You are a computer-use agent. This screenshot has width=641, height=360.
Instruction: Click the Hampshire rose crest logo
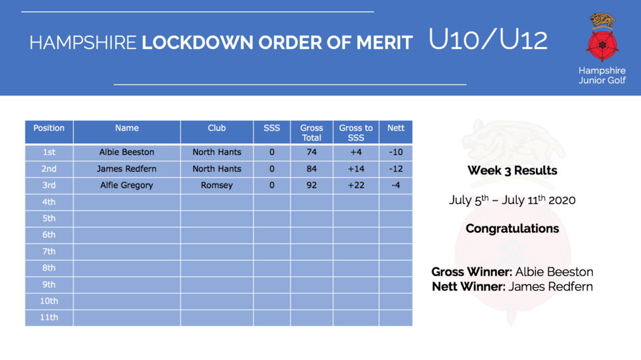[602, 37]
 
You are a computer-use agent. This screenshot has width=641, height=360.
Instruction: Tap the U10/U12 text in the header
[488, 40]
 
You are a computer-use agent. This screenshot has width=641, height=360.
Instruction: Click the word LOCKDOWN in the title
[198, 42]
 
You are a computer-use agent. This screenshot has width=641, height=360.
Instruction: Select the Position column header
[49, 128]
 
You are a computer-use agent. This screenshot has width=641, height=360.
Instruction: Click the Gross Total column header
[312, 133]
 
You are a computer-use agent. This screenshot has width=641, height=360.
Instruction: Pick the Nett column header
[396, 128]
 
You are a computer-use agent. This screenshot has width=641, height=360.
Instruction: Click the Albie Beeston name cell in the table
[127, 152]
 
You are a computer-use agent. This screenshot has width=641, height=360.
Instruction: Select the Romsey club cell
[217, 185]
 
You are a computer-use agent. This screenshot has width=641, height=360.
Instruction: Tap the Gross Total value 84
[312, 169]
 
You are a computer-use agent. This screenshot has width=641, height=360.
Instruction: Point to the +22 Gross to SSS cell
[356, 185]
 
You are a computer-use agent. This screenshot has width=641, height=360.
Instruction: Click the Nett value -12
[396, 169]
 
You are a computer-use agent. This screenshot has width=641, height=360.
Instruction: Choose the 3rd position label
[49, 185]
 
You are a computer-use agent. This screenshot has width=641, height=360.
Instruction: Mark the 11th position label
[49, 317]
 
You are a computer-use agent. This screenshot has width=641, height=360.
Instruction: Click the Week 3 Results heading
[512, 170]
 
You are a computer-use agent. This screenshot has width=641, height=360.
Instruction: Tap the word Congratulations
[512, 228]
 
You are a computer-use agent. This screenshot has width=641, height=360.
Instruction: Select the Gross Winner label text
[472, 272]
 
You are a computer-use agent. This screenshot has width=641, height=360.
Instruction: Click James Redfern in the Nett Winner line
[551, 286]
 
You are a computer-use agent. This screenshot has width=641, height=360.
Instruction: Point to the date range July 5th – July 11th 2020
[512, 200]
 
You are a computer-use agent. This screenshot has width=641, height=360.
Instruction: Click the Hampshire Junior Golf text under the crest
[602, 75]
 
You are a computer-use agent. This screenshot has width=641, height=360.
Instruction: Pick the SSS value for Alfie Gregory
[272, 185]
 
